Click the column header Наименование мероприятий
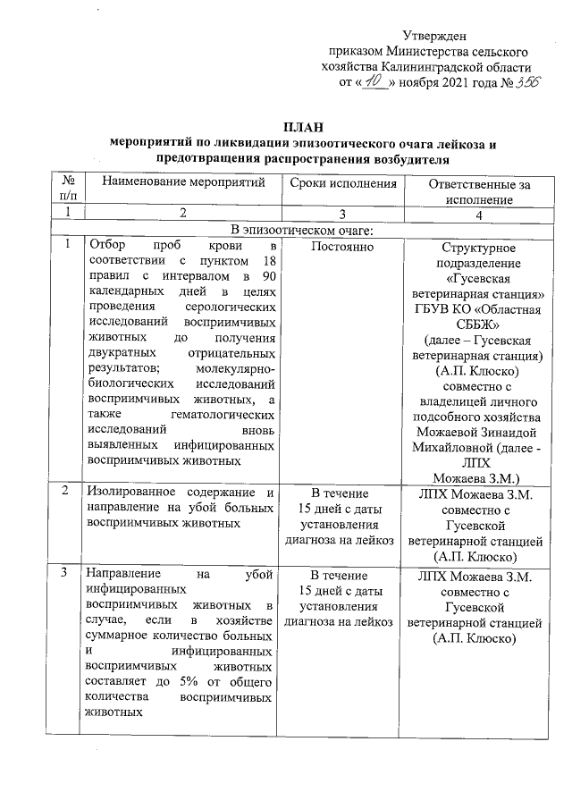click(184, 183)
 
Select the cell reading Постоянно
click(343, 245)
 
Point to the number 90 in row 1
click(265, 277)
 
